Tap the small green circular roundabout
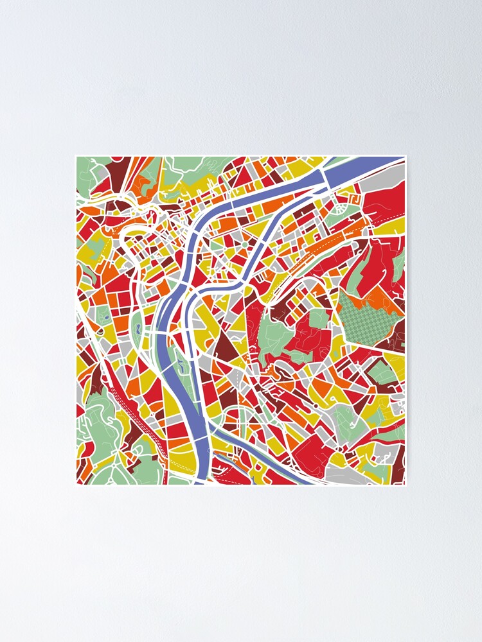coord(245,245)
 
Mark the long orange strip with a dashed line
coord(328,243)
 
